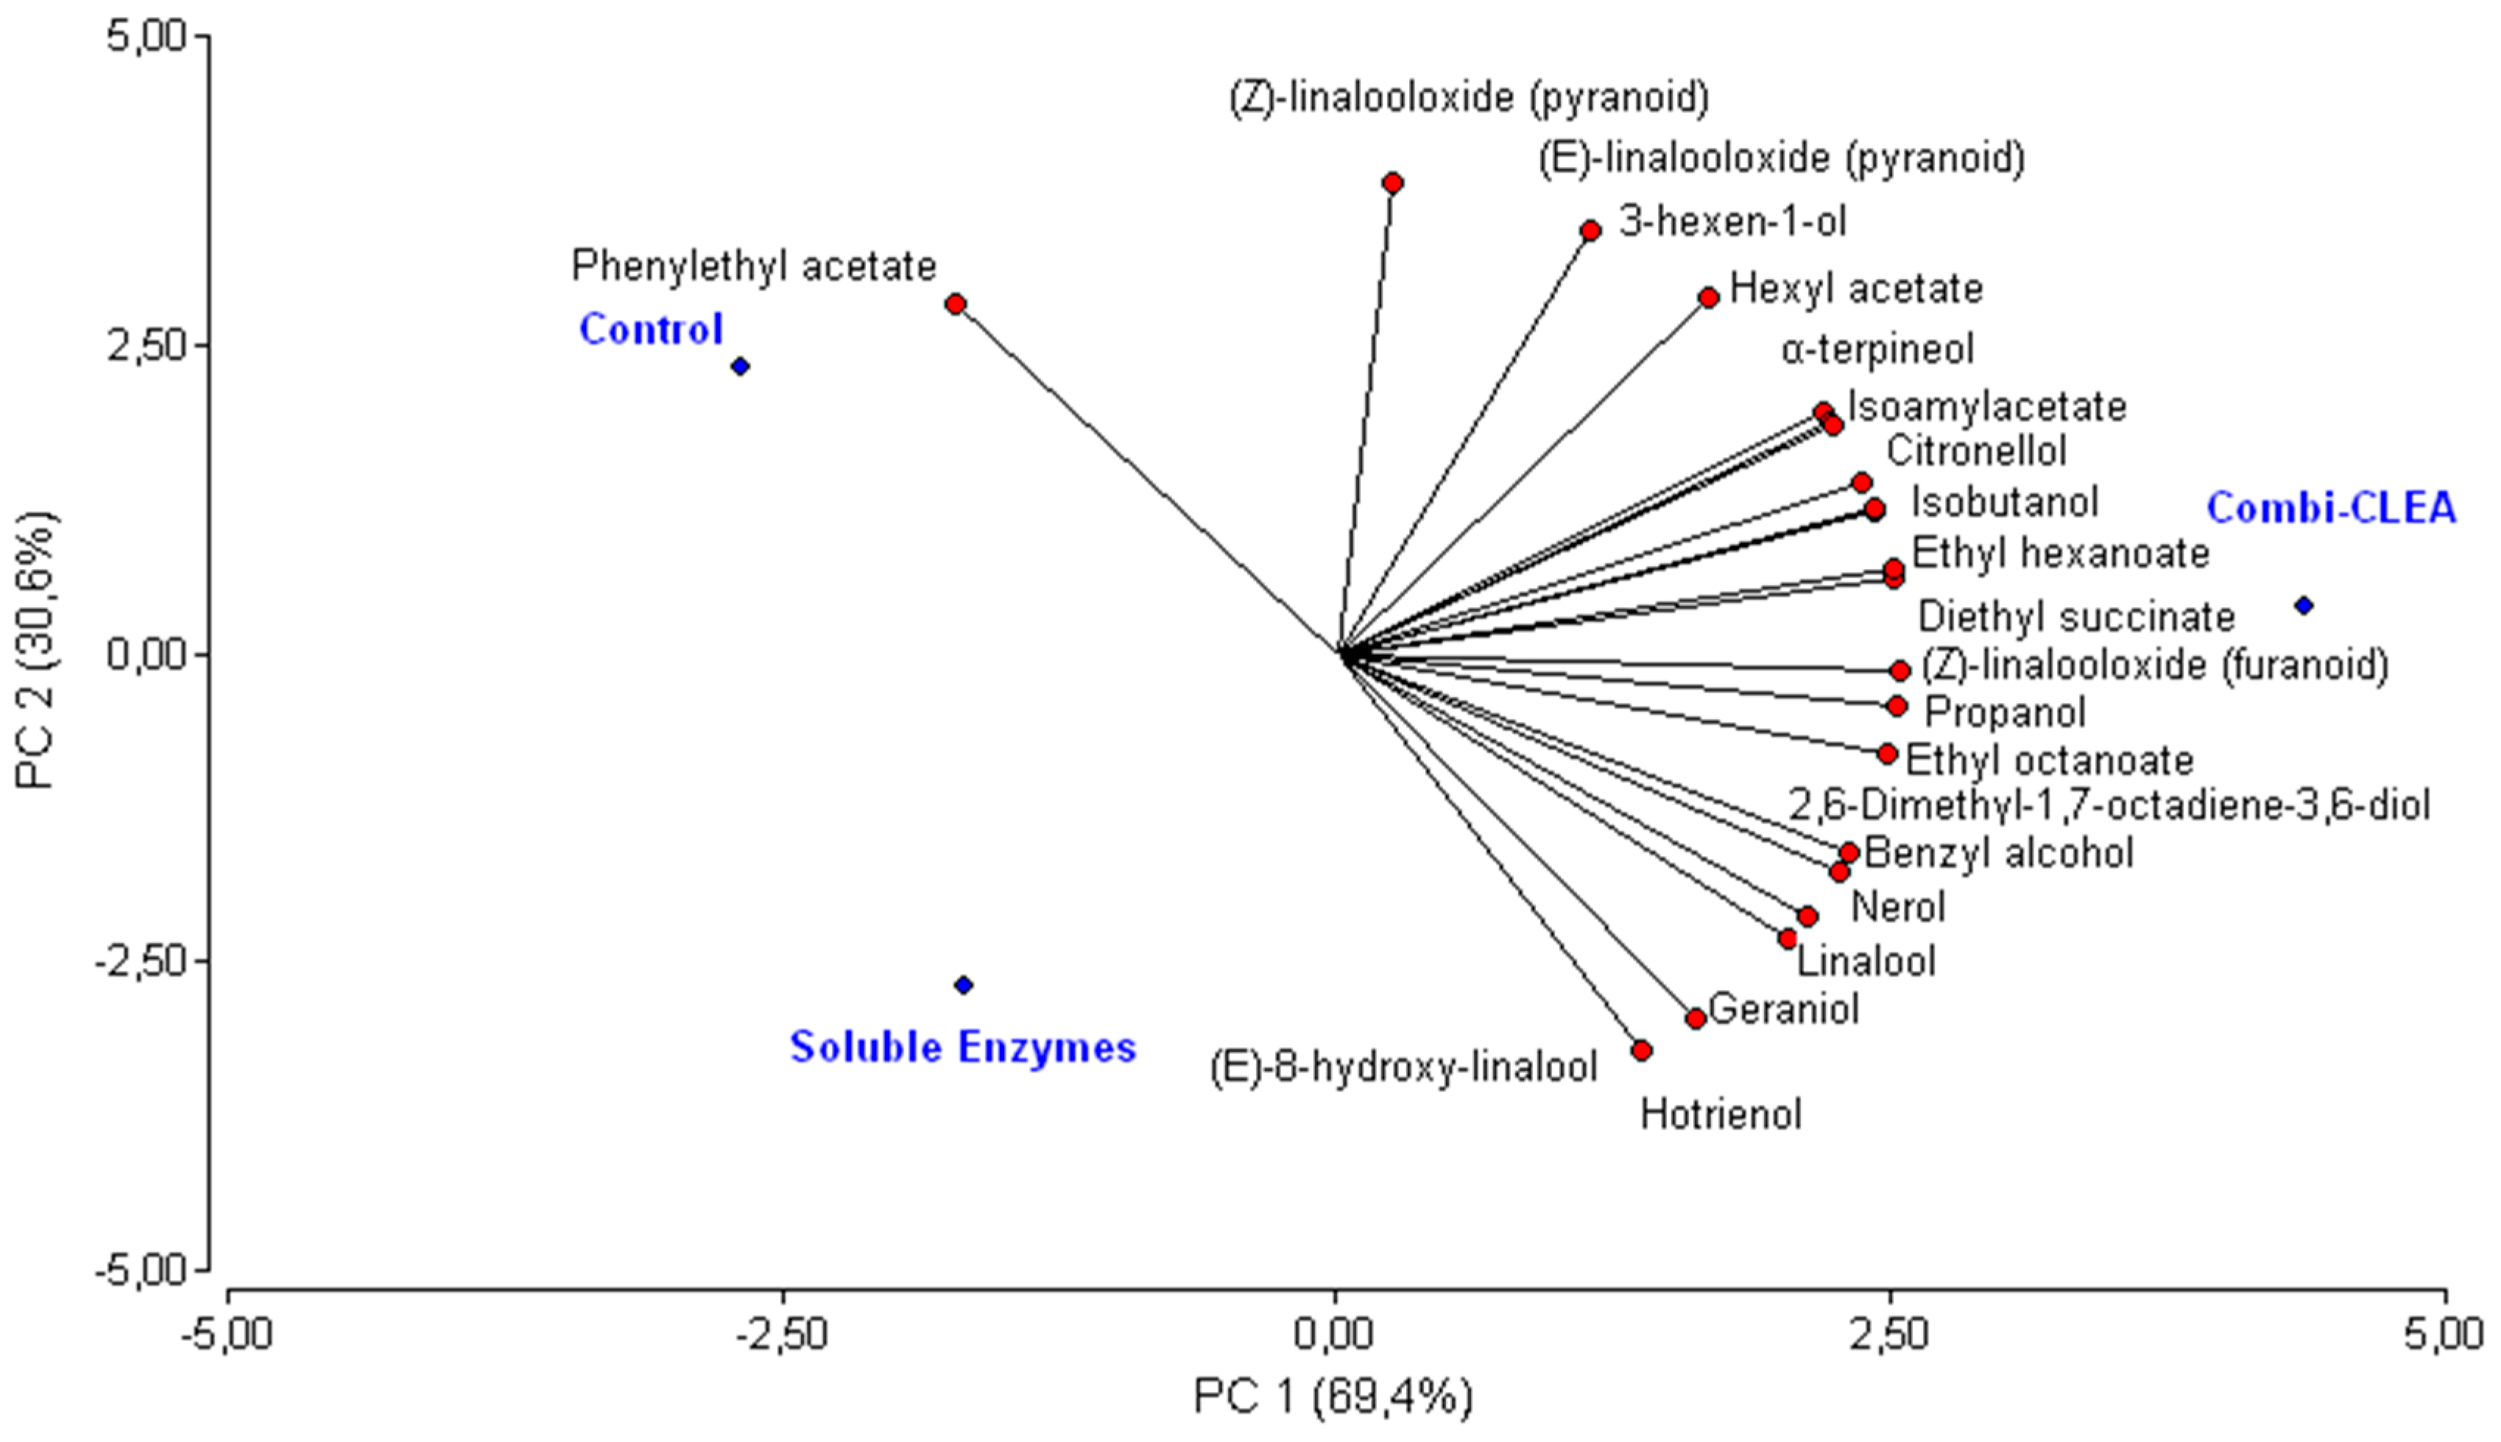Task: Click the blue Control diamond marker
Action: pos(740,367)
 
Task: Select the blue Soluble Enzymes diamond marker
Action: pos(964,984)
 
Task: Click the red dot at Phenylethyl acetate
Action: pos(955,304)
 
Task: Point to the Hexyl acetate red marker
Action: pos(1709,297)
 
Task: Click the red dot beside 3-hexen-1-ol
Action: pos(1591,230)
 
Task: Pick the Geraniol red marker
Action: pos(1696,1018)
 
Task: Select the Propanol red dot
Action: pos(1897,706)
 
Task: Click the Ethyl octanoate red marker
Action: pos(1887,754)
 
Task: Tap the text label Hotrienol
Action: pos(1721,1114)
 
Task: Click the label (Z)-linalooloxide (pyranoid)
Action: pos(1470,98)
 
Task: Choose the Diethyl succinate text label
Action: pos(2076,616)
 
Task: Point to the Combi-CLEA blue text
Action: pos(2331,508)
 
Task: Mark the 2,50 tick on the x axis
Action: pos(1891,1333)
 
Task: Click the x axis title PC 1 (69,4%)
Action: pos(1333,1396)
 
